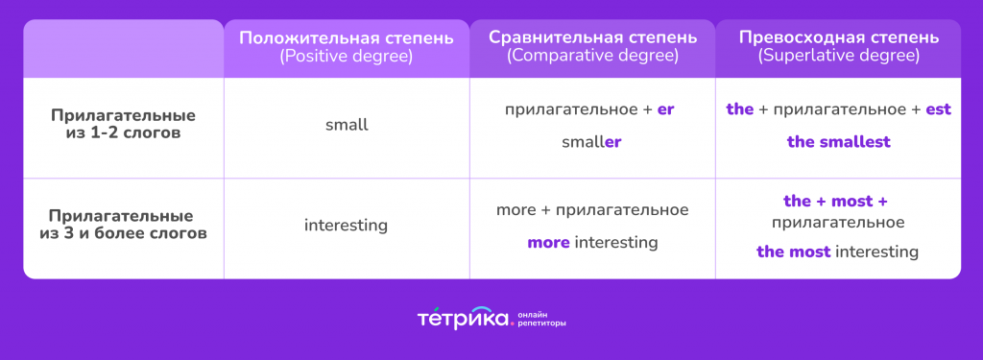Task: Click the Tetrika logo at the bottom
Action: click(x=463, y=318)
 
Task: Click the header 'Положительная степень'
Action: click(x=347, y=38)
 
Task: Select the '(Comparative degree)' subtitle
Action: click(x=592, y=57)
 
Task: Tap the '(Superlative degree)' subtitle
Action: click(x=839, y=57)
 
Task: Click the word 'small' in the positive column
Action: click(x=347, y=125)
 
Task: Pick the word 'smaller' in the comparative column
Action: click(x=592, y=142)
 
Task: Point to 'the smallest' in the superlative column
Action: click(x=839, y=142)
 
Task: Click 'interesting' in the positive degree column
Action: click(x=347, y=226)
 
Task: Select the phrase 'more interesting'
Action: click(x=592, y=243)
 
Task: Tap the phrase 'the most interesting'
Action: click(x=838, y=252)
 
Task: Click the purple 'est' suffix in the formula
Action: click(x=938, y=109)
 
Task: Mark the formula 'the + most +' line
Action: click(x=835, y=202)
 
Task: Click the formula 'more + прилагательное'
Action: click(x=592, y=209)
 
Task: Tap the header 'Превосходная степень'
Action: click(x=839, y=38)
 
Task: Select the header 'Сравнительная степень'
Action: click(x=592, y=38)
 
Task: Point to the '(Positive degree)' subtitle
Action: click(x=347, y=57)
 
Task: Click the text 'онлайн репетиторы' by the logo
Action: click(x=541, y=319)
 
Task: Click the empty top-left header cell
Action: click(x=123, y=48)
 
